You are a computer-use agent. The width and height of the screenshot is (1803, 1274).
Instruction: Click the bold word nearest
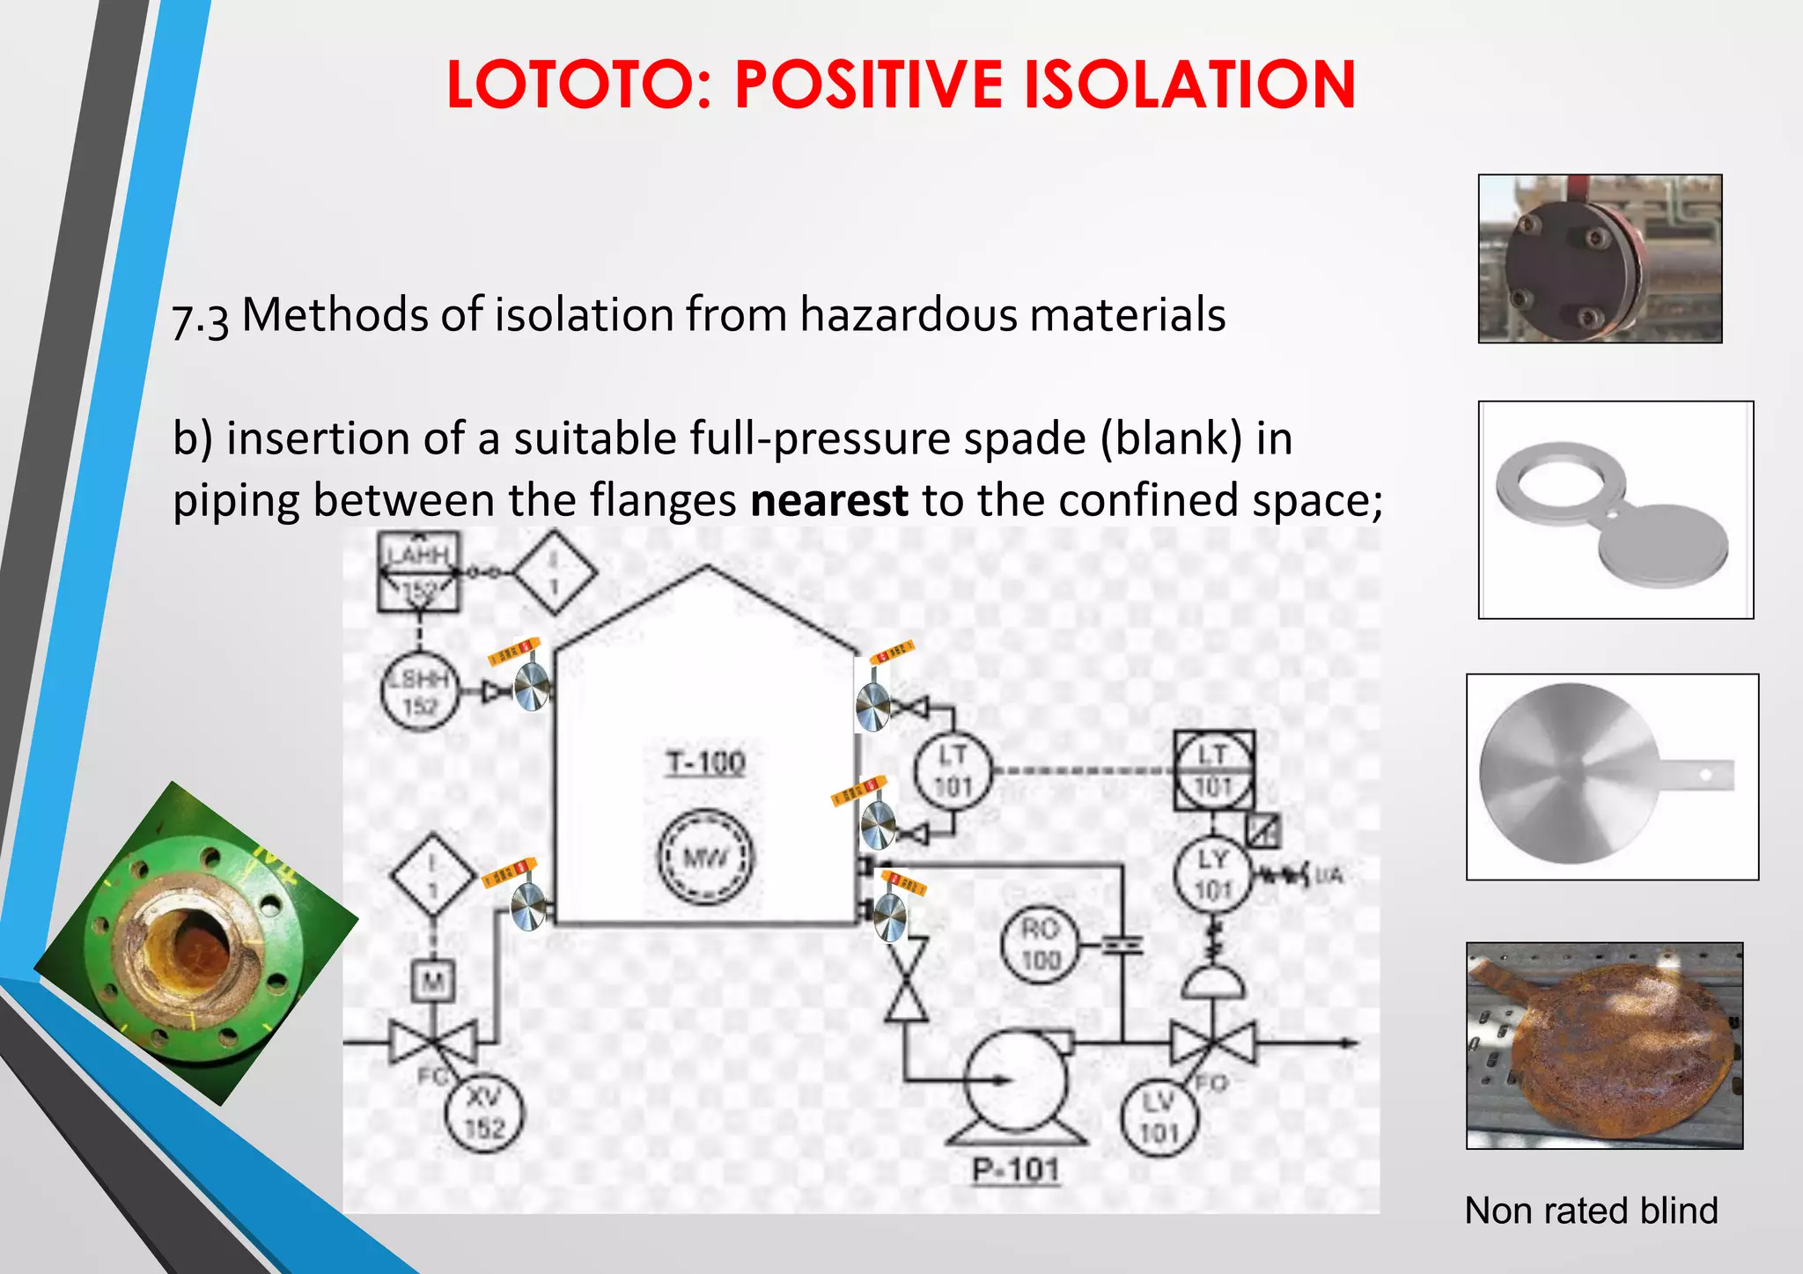click(828, 500)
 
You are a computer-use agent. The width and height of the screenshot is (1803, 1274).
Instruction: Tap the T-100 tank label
click(705, 762)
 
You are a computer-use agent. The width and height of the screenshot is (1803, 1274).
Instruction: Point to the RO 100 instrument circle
click(1040, 945)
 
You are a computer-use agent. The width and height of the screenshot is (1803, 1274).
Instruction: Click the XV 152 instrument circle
click(483, 1113)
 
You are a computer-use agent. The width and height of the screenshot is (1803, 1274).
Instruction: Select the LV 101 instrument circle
click(1159, 1117)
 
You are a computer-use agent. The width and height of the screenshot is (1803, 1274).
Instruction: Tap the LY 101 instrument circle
click(1212, 875)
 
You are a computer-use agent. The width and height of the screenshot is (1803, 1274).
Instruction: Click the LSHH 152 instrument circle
click(420, 692)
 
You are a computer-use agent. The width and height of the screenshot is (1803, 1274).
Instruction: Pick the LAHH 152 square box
click(418, 571)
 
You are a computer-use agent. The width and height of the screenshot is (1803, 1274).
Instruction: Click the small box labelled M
click(433, 981)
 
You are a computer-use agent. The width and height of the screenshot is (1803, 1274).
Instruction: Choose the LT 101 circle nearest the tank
click(953, 771)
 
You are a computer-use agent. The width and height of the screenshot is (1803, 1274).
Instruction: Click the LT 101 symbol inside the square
click(1213, 770)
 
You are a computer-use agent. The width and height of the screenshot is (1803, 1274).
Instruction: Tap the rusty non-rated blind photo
click(1604, 1045)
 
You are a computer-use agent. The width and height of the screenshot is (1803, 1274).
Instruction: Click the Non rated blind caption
click(1591, 1211)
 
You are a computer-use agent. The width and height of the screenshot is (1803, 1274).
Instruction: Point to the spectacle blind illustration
click(1615, 511)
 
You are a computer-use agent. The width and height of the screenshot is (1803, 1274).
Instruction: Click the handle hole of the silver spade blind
click(1705, 775)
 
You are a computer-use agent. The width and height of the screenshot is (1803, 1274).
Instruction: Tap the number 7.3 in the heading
click(201, 319)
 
